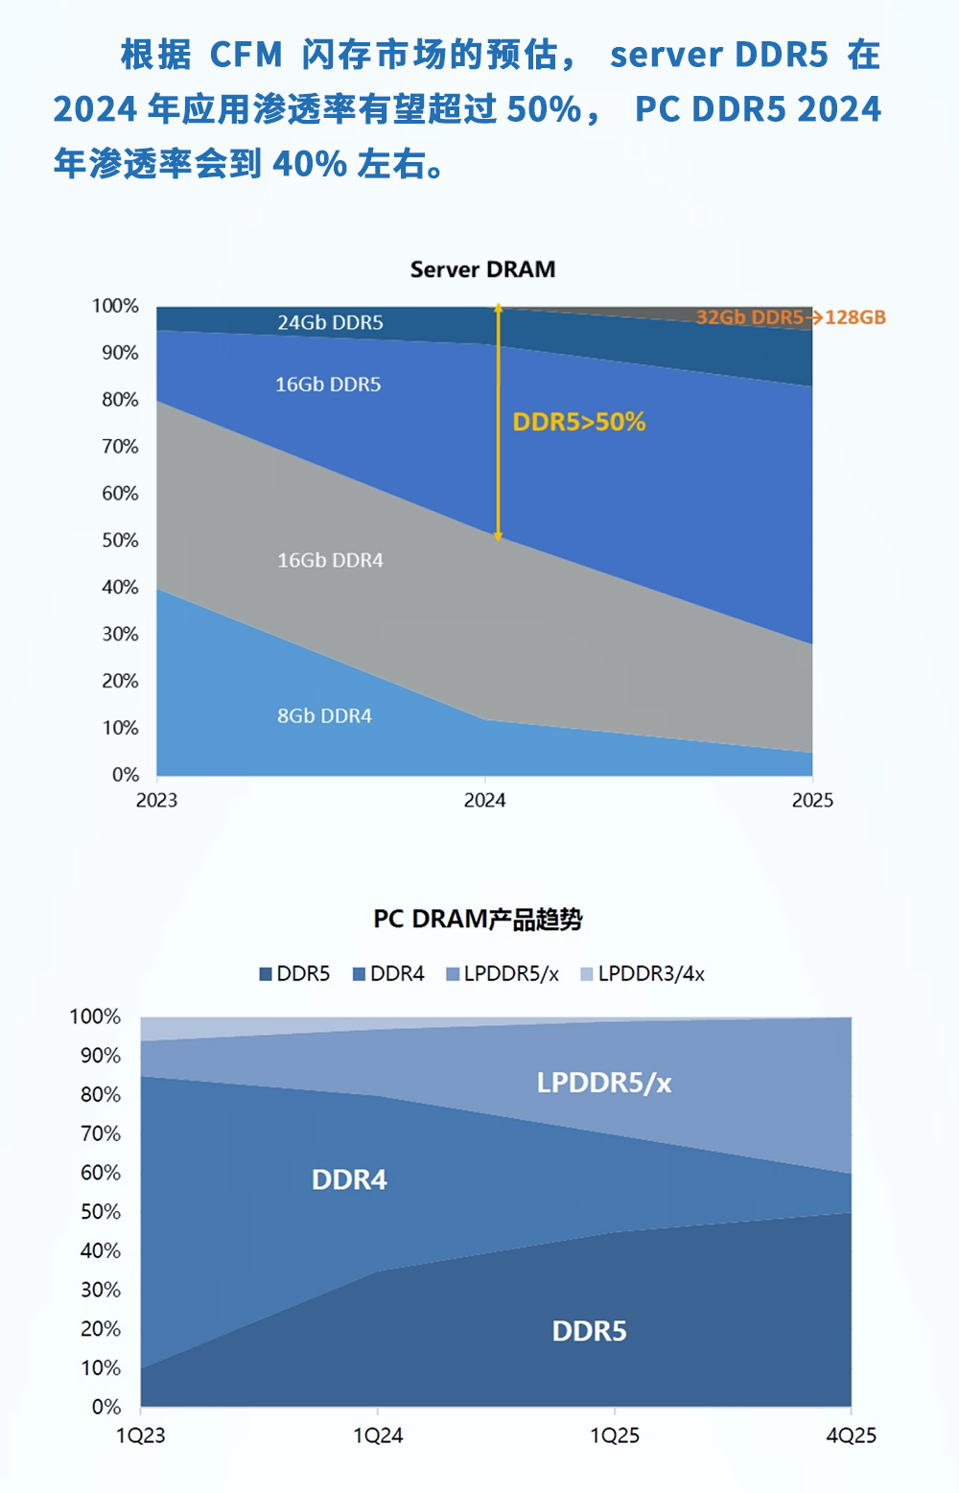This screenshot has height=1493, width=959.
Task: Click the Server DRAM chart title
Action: [482, 269]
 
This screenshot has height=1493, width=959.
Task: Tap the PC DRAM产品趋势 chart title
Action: [478, 919]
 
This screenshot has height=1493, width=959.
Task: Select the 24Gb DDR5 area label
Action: [330, 322]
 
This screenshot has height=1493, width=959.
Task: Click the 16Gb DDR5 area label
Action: [328, 385]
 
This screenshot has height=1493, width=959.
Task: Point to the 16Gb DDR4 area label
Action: [330, 560]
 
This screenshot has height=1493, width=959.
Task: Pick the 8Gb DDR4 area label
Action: [324, 715]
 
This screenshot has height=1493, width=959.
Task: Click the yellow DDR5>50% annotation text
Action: [578, 422]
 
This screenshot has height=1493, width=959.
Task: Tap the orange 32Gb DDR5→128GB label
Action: [790, 317]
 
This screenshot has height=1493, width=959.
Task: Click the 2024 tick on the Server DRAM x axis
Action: [484, 801]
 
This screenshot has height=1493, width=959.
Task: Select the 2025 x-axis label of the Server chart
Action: [812, 801]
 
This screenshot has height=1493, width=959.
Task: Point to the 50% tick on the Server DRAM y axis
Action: [120, 540]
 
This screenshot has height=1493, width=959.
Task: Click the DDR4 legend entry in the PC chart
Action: [389, 974]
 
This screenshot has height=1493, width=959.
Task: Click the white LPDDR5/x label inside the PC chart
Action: [603, 1083]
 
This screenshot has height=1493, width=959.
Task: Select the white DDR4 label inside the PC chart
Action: [349, 1179]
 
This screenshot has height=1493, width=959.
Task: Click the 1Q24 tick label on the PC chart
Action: [378, 1435]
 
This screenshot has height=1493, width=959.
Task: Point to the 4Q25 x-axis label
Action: [851, 1435]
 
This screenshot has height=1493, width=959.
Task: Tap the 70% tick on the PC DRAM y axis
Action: [101, 1133]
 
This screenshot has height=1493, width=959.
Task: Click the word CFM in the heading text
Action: [246, 55]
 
